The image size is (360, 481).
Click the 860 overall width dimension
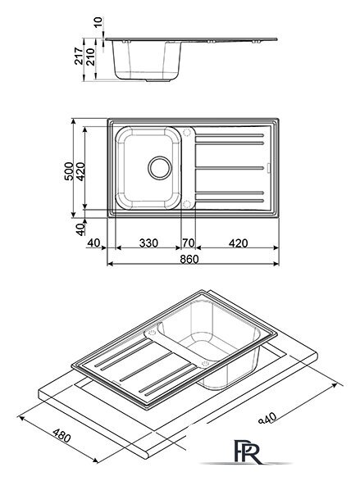189,259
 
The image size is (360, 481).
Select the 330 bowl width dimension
148,243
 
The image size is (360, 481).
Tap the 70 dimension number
189,243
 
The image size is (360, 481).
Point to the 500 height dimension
69,171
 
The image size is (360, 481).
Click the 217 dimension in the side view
79,56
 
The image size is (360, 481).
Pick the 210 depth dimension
90,57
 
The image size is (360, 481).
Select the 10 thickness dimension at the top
98,22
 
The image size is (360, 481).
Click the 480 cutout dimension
62,436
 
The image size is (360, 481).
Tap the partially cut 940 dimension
268,418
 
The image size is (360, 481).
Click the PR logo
247,452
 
